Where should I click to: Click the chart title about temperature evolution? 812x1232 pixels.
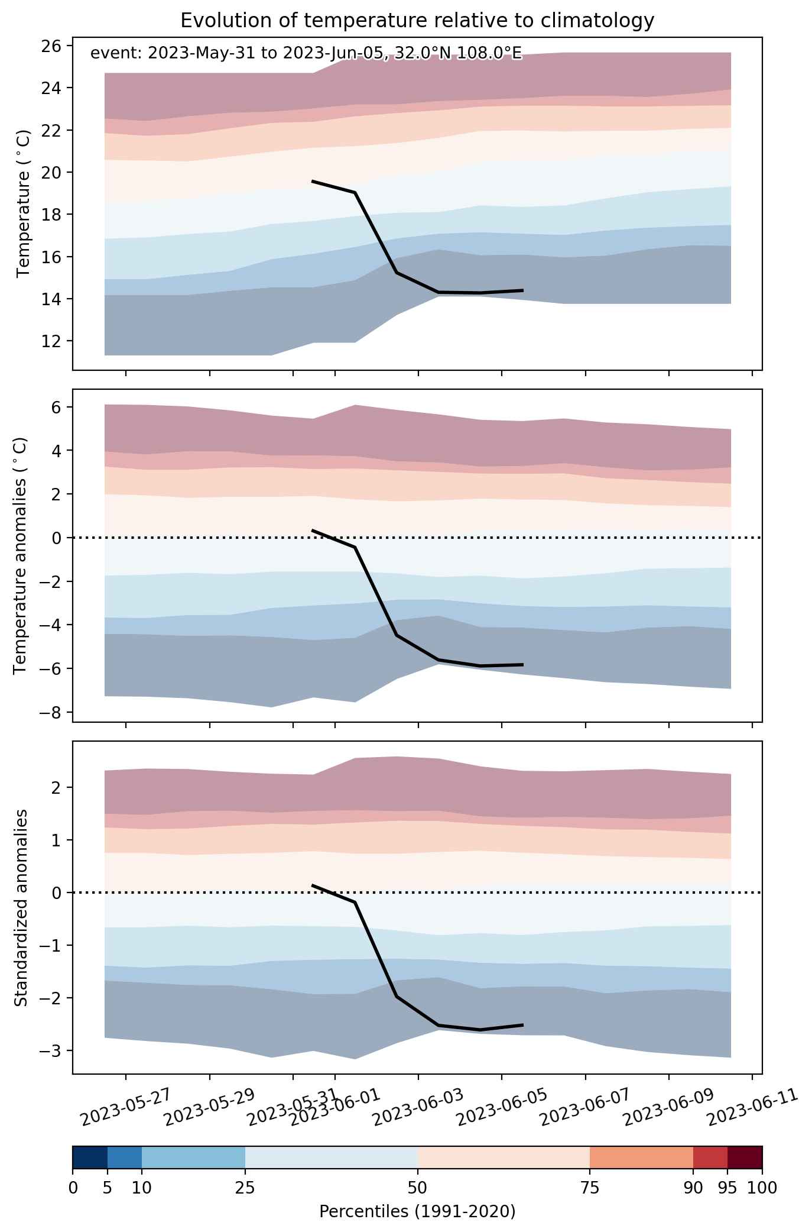[417, 21]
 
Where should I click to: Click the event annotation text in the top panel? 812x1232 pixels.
[306, 54]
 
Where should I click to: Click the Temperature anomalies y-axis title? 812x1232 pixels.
[21, 555]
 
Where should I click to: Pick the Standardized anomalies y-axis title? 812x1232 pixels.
[21, 907]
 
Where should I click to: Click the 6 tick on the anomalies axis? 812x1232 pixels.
[62, 407]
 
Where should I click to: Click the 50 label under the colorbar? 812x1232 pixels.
[417, 1187]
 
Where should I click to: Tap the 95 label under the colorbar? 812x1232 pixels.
[727, 1187]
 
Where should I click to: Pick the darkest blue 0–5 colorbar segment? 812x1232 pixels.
[90, 1157]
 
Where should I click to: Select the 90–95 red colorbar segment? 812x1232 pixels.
[710, 1157]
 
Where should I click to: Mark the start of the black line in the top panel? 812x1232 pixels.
[312, 181]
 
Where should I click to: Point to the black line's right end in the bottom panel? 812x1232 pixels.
[523, 1024]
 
